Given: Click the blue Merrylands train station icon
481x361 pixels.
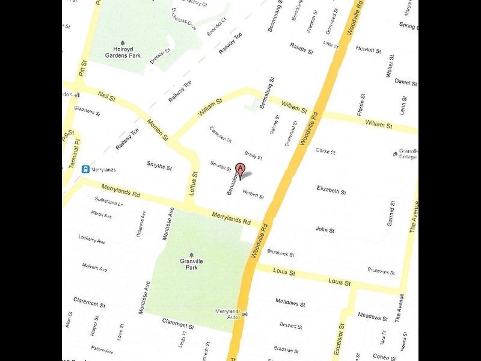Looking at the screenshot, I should pos(86,169).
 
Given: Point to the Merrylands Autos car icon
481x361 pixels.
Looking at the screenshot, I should pos(244,313).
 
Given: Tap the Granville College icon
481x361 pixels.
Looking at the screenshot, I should pos(395,154).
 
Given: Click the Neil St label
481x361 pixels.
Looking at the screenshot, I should pos(106,97).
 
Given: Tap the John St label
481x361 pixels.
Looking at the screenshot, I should pos(325,229).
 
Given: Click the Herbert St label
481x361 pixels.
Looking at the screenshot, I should pos(253,193).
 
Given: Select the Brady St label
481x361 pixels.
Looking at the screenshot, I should pos(253,155).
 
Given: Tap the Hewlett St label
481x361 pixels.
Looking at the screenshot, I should pos(369,50).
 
